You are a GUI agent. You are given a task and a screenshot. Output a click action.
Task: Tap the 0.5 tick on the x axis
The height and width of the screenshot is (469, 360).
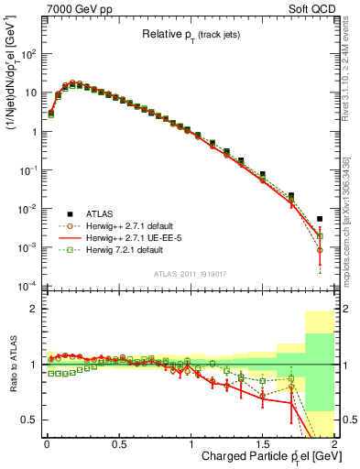point(118,443)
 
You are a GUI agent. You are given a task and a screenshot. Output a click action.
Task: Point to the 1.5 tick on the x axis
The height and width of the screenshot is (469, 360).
point(262,443)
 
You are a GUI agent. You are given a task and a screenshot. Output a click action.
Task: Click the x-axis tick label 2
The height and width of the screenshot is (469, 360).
point(334,443)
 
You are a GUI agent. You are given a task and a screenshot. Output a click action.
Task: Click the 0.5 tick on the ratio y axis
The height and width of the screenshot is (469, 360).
point(27,420)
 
